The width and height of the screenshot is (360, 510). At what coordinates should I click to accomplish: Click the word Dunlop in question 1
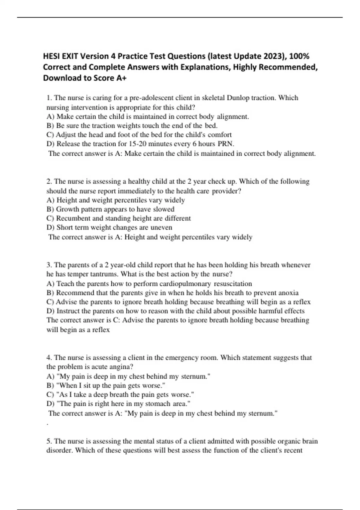click(238, 98)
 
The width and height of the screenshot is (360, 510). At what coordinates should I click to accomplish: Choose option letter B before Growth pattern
click(49, 209)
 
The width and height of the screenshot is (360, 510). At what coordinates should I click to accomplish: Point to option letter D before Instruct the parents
click(50, 311)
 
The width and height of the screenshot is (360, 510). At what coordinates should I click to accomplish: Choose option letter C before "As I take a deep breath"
click(50, 394)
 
